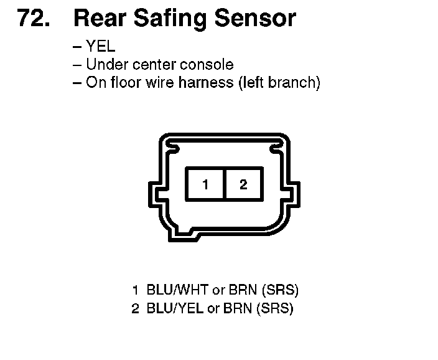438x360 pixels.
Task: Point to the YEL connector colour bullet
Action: [x=101, y=47]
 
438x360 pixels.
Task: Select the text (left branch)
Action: [x=279, y=83]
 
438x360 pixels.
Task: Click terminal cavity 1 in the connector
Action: [x=205, y=184]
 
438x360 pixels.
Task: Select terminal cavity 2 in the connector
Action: [x=243, y=184]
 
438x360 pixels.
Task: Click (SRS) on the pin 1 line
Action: [x=281, y=290]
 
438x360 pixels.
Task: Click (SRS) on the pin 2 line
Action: [x=277, y=308]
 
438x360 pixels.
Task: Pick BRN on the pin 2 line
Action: [x=240, y=308]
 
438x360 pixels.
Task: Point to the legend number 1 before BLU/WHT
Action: [x=135, y=290]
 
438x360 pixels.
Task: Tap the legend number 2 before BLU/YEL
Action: [x=135, y=308]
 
